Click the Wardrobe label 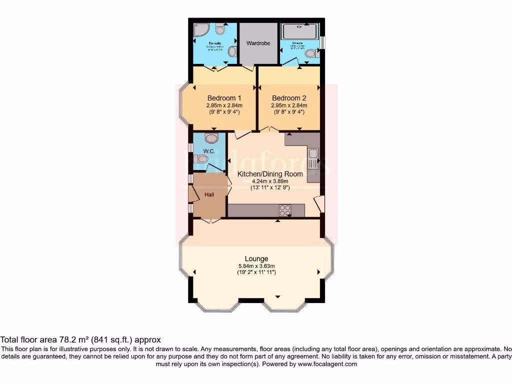click(x=258, y=43)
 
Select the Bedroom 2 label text click(x=289, y=98)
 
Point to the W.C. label click(x=208, y=151)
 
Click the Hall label click(x=209, y=194)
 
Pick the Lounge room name click(x=256, y=258)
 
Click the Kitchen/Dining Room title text click(x=270, y=174)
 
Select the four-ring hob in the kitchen click(x=285, y=210)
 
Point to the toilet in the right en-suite click(x=310, y=53)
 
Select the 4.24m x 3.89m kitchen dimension click(x=270, y=181)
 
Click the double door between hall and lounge click(x=210, y=219)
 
